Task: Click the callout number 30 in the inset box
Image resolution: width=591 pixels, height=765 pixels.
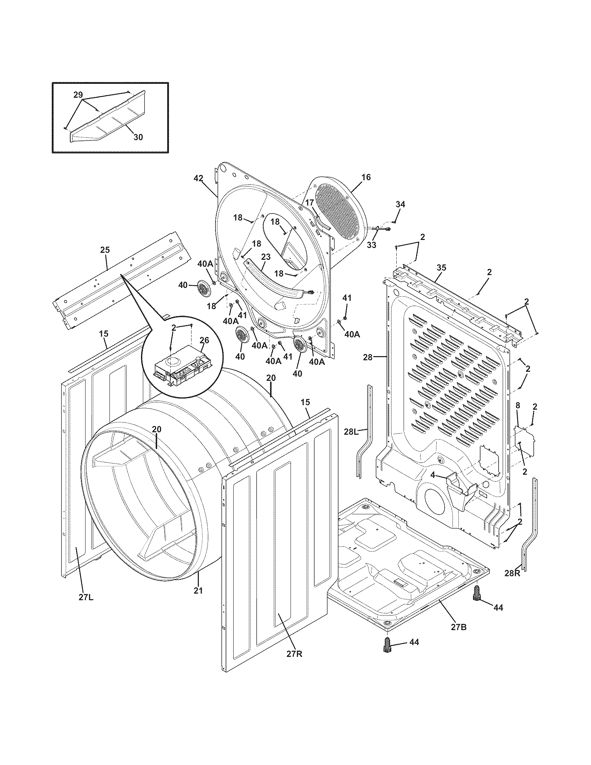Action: click(138, 137)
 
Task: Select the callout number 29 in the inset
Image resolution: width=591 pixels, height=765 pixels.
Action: click(78, 95)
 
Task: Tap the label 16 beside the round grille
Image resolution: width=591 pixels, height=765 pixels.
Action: click(366, 177)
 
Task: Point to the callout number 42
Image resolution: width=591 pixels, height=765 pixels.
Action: click(198, 178)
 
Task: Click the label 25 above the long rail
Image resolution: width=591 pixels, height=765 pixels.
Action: click(105, 250)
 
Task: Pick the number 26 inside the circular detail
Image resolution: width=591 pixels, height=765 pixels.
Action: click(204, 340)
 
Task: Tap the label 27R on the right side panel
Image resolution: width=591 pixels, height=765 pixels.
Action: click(294, 654)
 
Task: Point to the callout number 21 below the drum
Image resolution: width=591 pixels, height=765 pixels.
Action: click(198, 590)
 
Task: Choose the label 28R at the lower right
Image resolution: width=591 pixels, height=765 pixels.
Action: click(512, 573)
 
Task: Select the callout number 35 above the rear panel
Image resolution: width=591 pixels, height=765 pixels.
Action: click(442, 268)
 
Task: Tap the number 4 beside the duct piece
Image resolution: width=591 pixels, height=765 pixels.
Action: click(433, 476)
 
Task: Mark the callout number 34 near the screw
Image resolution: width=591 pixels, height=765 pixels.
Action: click(400, 204)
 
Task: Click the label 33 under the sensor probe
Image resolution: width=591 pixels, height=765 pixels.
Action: click(372, 245)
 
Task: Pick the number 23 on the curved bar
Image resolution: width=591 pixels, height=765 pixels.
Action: click(266, 257)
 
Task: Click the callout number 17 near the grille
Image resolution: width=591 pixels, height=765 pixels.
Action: click(309, 202)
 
